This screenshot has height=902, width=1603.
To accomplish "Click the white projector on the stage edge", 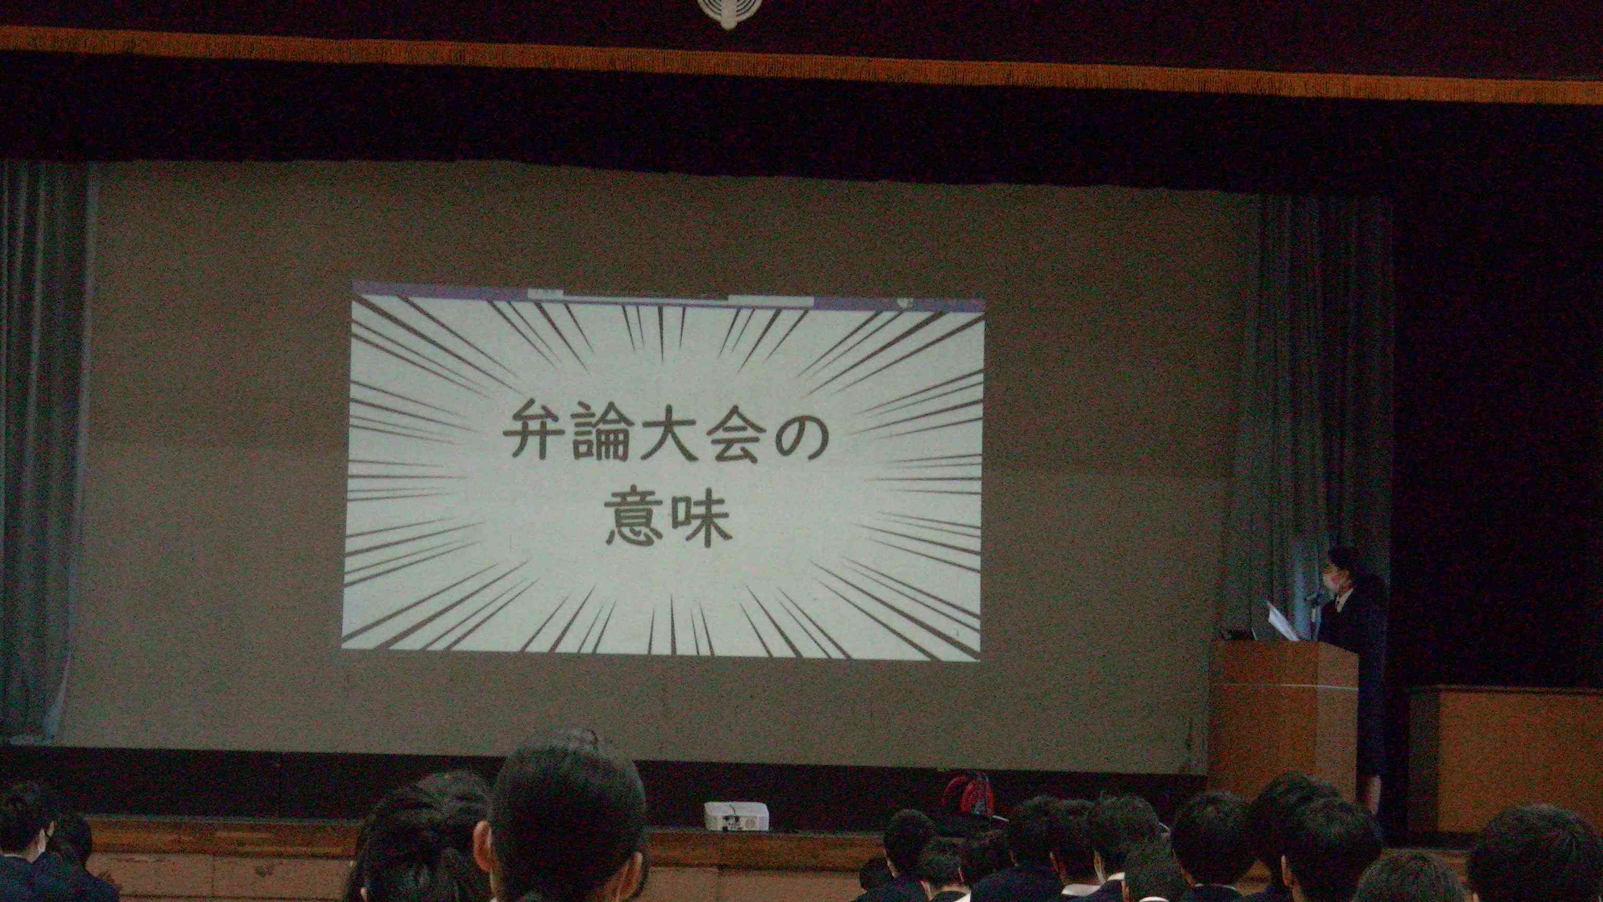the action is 736,816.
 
